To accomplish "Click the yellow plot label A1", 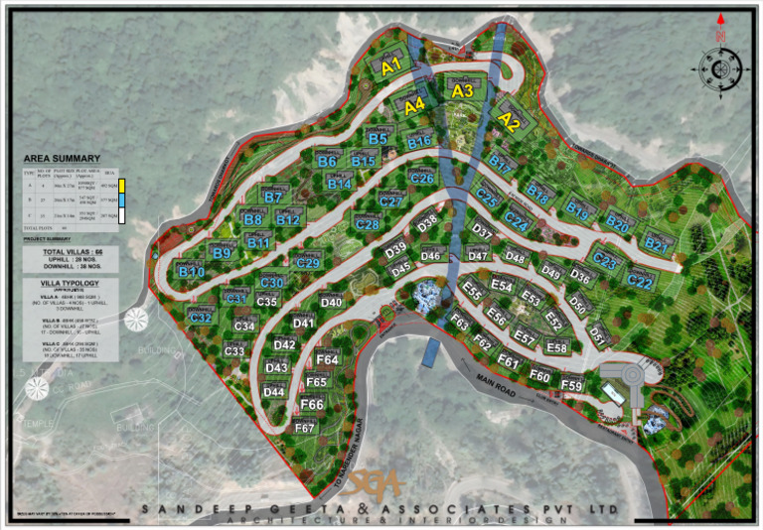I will pyautogui.click(x=390, y=66).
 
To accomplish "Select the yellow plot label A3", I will pyautogui.click(x=463, y=90).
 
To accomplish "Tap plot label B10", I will pyautogui.click(x=191, y=271).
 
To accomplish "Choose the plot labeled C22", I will pyautogui.click(x=640, y=282).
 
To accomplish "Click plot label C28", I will pyautogui.click(x=367, y=224).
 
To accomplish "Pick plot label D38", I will pyautogui.click(x=428, y=223).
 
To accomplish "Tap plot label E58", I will pyautogui.click(x=556, y=347).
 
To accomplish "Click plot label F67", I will pyautogui.click(x=305, y=428).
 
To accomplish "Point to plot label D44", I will pyautogui.click(x=274, y=391).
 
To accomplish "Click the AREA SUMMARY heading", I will pyautogui.click(x=63, y=159).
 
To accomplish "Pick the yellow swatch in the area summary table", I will pyautogui.click(x=121, y=185).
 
